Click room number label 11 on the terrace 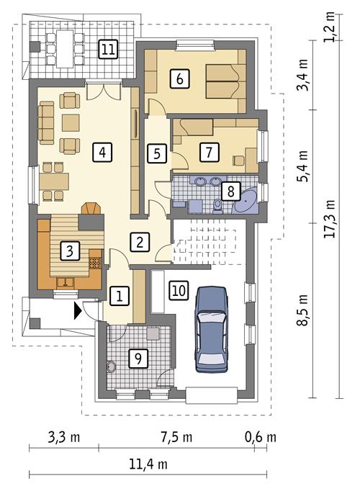[108, 49]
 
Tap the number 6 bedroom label [179, 77]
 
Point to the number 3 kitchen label [69, 251]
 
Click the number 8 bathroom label [230, 191]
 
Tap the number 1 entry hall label [120, 294]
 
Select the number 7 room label [208, 152]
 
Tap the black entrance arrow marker [77, 311]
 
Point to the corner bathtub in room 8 [248, 199]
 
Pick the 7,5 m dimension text [176, 436]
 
